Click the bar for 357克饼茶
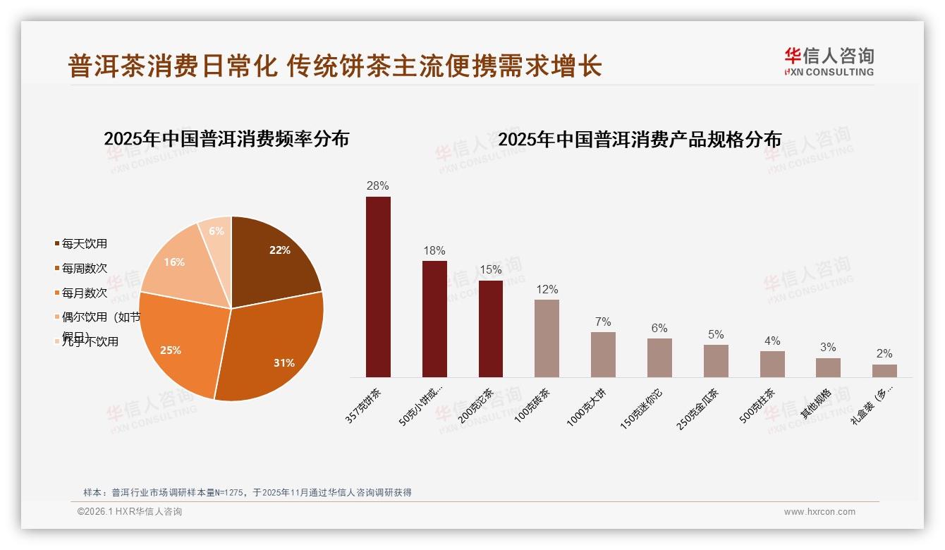(378, 287)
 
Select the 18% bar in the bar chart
(434, 319)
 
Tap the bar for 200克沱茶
(491, 329)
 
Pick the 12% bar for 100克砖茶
(547, 338)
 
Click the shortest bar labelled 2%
(884, 371)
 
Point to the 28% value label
(378, 186)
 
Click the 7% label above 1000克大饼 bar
(603, 322)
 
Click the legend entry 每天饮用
(84, 244)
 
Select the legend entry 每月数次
(84, 293)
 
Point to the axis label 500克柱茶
(757, 405)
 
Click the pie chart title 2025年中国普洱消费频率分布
(226, 139)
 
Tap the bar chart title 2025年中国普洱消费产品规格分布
(640, 140)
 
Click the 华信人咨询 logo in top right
(829, 61)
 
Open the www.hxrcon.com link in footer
(819, 512)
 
